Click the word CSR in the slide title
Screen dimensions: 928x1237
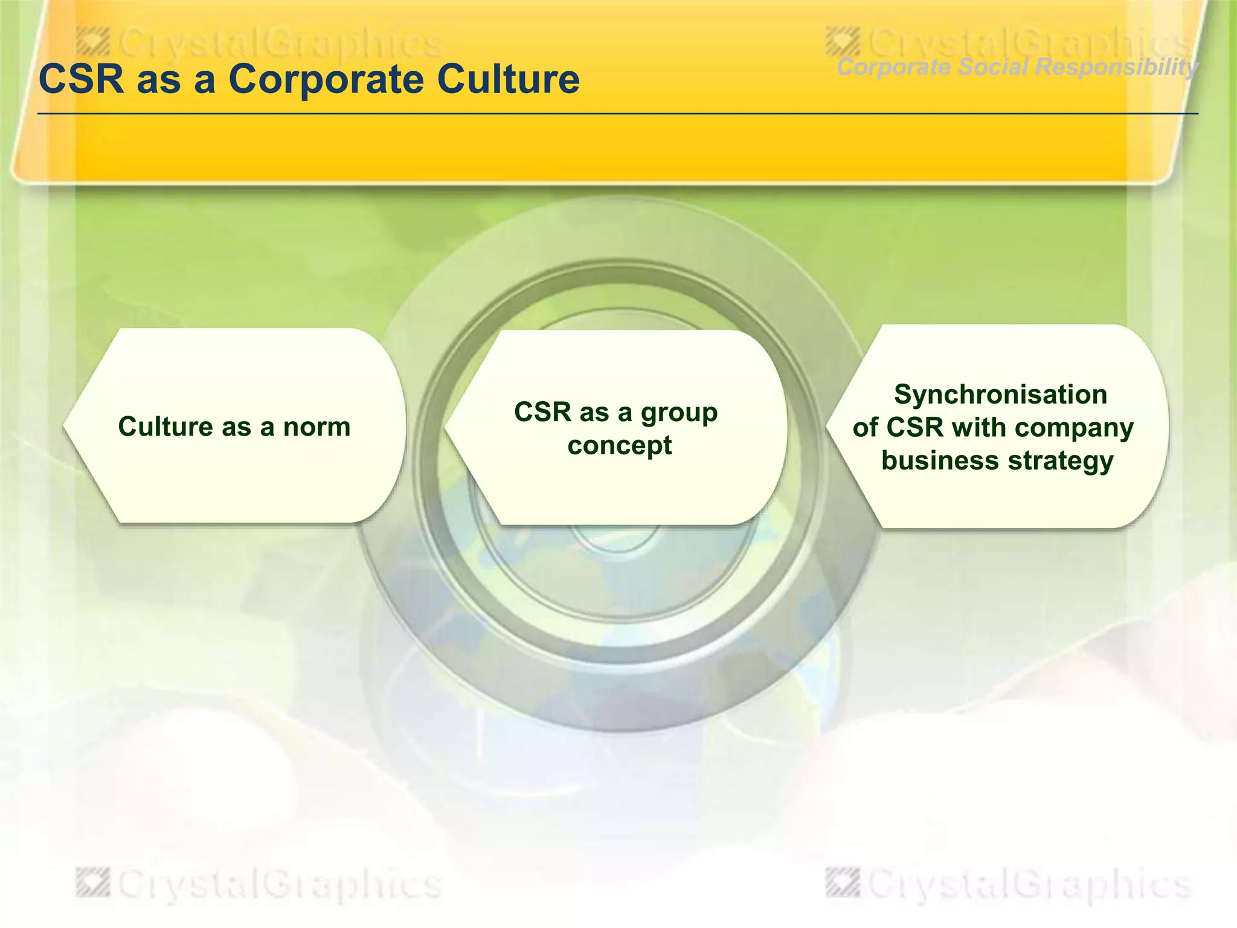[x=81, y=79]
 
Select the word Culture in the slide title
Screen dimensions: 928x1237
[x=507, y=79]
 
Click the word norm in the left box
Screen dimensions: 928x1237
[x=316, y=427]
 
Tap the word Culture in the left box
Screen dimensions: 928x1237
[x=165, y=427]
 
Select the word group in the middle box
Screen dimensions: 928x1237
[x=679, y=413]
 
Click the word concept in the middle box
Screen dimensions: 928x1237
[x=619, y=446]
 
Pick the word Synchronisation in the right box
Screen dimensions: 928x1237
[x=1000, y=395]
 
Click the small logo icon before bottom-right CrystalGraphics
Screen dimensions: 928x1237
[x=842, y=883]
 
